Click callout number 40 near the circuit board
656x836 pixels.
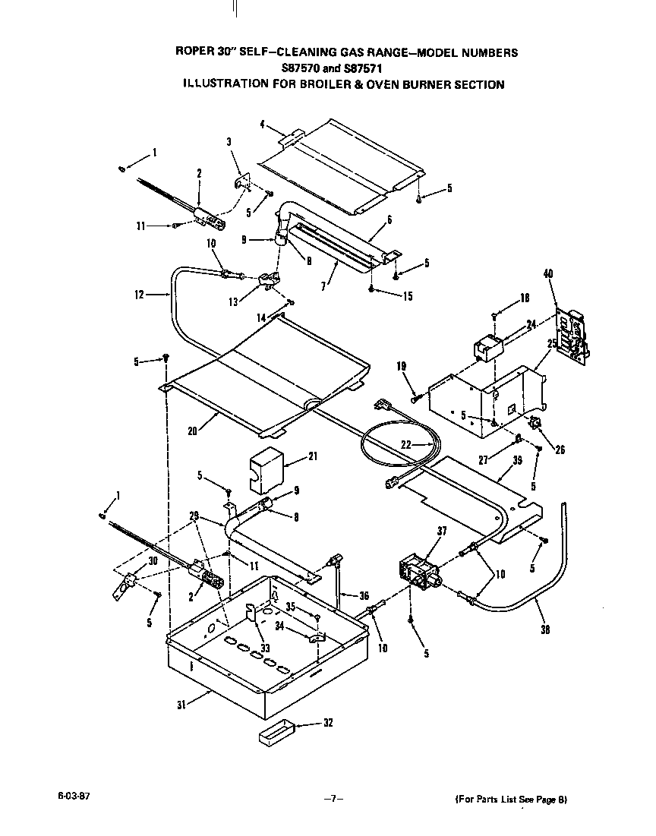(548, 275)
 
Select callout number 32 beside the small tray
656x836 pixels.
(327, 723)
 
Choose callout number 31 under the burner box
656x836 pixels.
(181, 704)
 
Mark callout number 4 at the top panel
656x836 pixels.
(262, 124)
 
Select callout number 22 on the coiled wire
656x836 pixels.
(406, 445)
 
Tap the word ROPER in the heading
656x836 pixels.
(192, 52)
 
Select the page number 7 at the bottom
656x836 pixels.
(331, 799)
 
